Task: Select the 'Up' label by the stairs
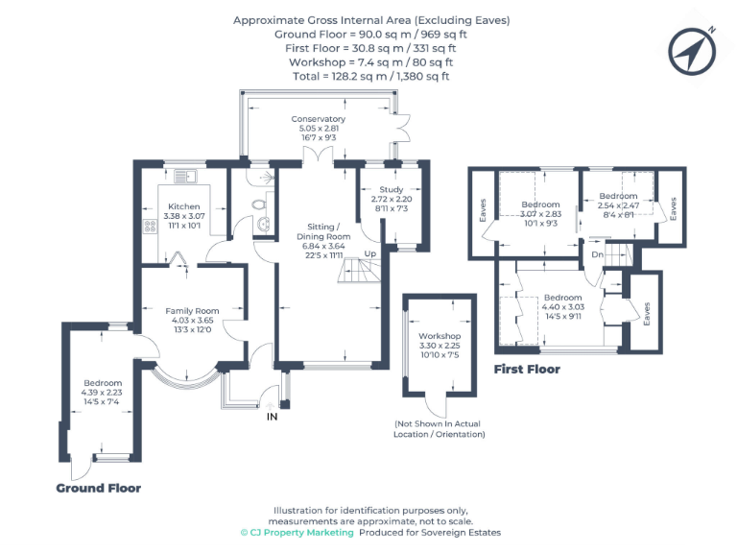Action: tap(369, 253)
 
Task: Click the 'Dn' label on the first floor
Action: tap(597, 254)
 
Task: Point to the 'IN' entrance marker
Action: tap(273, 417)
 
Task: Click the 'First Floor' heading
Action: tap(526, 369)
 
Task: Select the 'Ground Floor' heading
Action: tap(98, 488)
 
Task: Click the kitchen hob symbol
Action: tap(151, 228)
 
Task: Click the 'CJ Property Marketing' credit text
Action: tap(297, 532)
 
